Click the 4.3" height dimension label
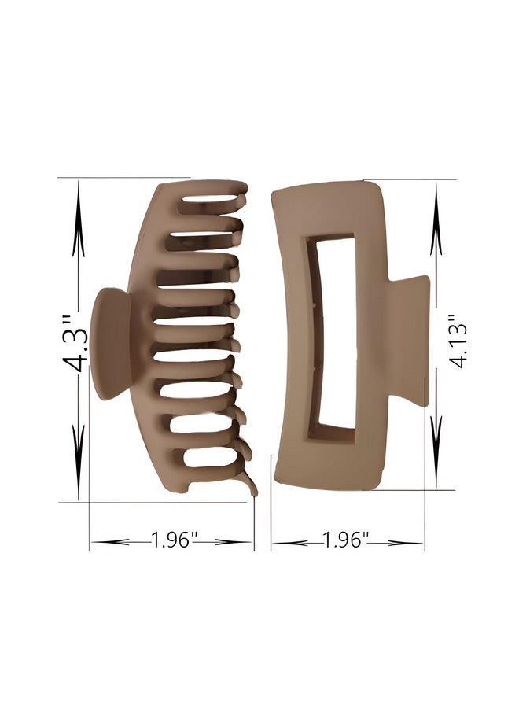click(75, 343)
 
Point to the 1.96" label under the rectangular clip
click(346, 540)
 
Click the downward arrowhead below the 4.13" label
click(436, 452)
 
